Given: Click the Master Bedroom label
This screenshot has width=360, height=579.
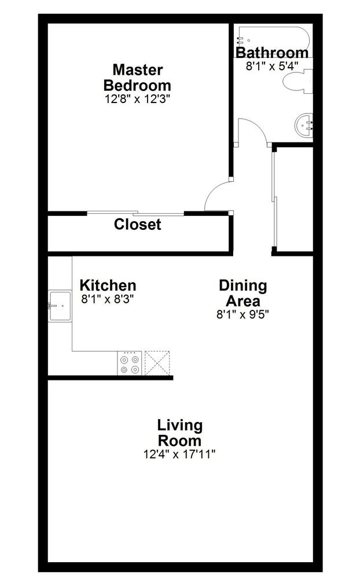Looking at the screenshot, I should (x=137, y=77).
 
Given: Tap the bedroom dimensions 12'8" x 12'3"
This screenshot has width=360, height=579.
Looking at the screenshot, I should (x=137, y=98).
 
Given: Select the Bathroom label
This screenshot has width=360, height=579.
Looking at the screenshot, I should (x=271, y=53).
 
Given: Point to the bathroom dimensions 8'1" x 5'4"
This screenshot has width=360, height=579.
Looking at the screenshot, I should (x=271, y=65).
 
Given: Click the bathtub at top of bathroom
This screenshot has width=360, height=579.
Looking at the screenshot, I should (x=272, y=36).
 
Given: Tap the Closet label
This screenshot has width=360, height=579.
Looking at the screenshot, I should (x=137, y=224).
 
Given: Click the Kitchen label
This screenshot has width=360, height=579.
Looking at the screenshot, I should (x=108, y=285).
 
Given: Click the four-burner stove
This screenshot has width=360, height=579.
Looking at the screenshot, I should (x=129, y=364).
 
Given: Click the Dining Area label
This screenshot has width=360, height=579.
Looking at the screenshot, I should (x=243, y=293).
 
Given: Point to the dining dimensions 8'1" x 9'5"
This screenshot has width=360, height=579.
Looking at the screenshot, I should (x=243, y=314).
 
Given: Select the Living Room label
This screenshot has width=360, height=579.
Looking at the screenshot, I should (x=179, y=433).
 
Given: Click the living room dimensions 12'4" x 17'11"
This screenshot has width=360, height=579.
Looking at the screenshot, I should (x=179, y=455).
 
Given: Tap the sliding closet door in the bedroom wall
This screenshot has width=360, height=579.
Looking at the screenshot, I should (x=135, y=213).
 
